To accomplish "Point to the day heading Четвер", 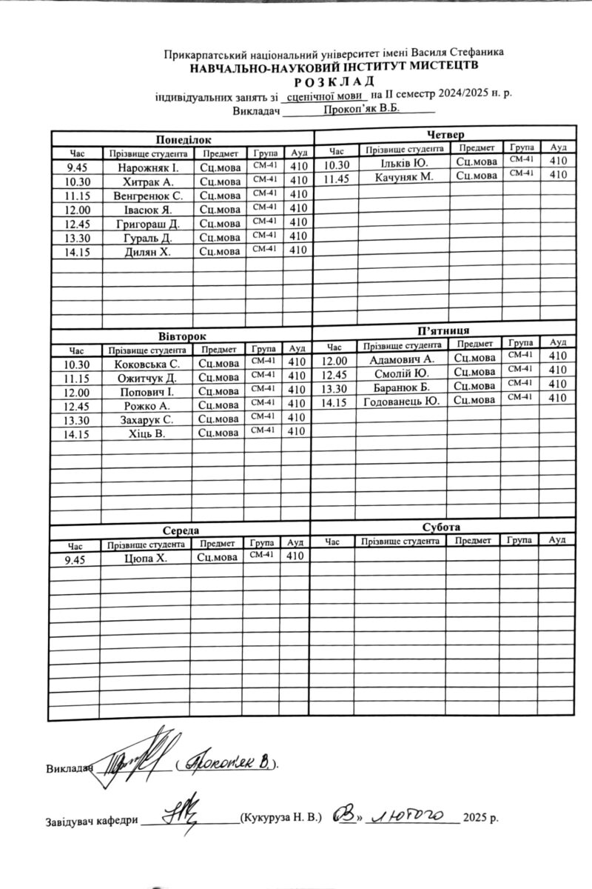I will tap(445, 134).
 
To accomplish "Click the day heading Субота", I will tap(442, 527).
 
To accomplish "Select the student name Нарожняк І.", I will tap(147, 167).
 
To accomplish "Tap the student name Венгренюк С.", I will tap(148, 196).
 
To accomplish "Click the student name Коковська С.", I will tap(147, 364).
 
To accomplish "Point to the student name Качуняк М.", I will tap(403, 176).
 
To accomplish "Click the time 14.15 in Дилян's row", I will tap(76, 252).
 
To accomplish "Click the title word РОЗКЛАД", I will tap(334, 81).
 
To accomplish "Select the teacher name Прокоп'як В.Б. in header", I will tap(361, 109).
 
